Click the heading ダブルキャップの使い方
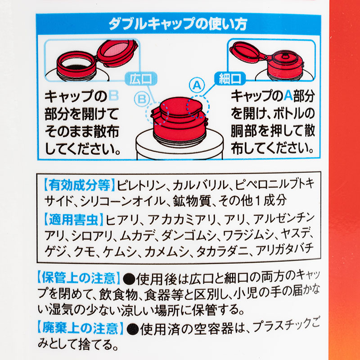click(x=177, y=24)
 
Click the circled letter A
click(x=196, y=84)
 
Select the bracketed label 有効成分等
click(x=79, y=185)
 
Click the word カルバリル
click(x=199, y=185)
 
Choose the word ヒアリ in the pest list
click(x=122, y=220)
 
